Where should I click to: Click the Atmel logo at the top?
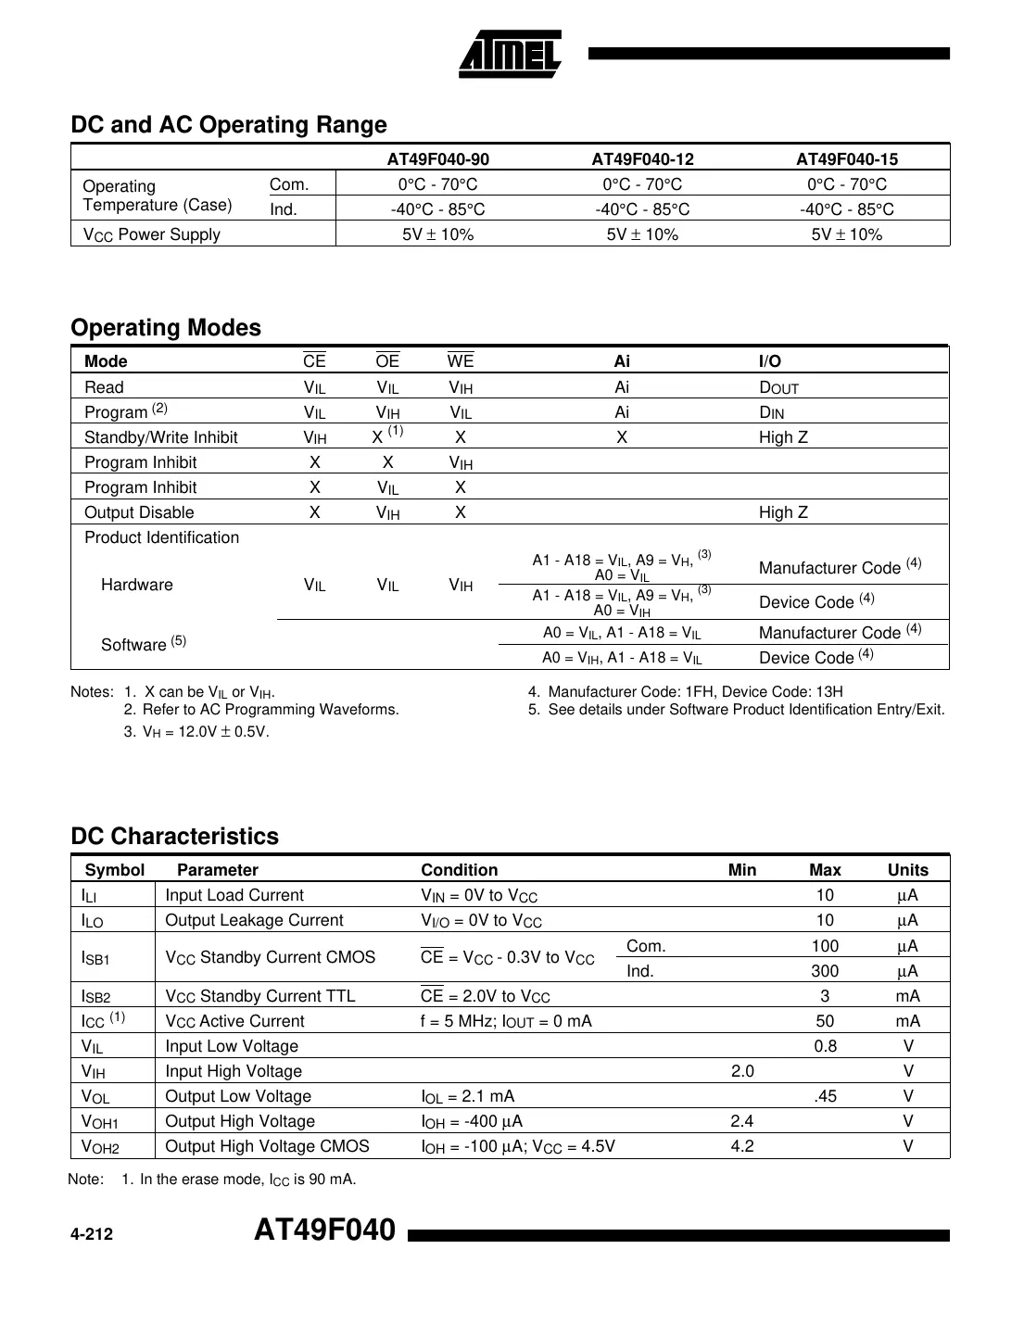(510, 55)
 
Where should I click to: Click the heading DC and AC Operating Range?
(229, 125)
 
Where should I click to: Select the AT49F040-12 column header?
(642, 158)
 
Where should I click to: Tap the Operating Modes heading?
(166, 328)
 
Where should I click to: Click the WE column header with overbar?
(461, 361)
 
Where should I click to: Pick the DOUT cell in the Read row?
(778, 387)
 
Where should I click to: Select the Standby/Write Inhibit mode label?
(161, 437)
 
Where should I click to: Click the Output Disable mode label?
(139, 512)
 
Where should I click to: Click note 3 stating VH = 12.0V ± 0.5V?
(196, 732)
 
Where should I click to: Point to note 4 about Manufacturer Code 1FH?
(686, 692)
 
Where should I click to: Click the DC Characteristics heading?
(174, 837)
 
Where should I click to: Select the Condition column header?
(460, 870)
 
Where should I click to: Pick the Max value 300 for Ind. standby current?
(825, 971)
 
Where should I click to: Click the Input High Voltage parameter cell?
(234, 1071)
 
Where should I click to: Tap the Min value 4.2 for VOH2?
(742, 1146)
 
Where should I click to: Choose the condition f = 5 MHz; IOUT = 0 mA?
(506, 1021)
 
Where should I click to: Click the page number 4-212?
(92, 1234)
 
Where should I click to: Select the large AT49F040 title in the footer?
(324, 1230)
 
